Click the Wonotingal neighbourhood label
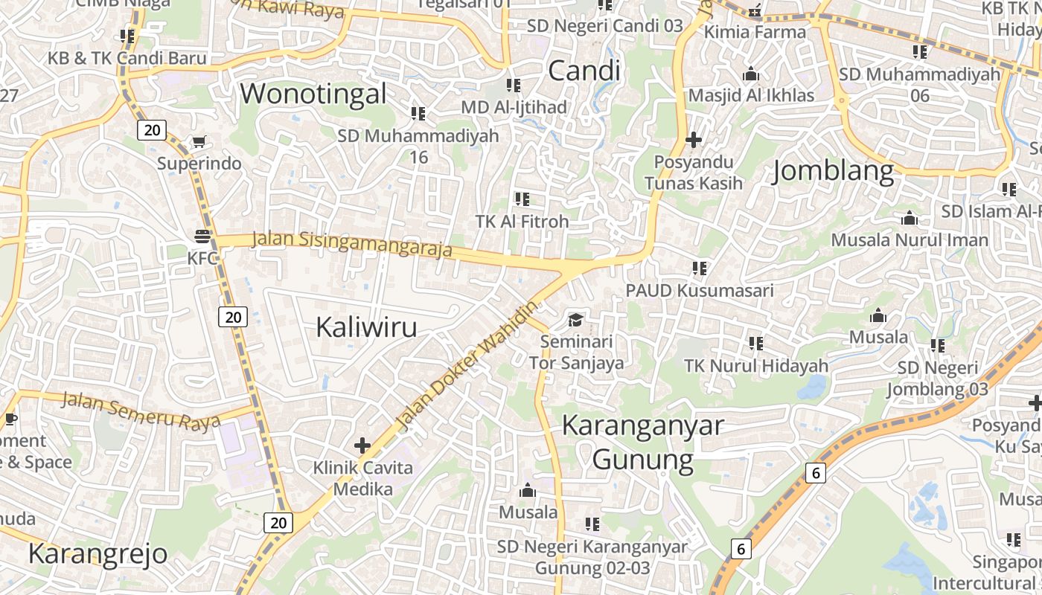(313, 94)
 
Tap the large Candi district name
(584, 71)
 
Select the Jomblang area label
(834, 171)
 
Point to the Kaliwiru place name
(366, 327)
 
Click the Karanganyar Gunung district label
(643, 443)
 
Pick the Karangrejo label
(98, 554)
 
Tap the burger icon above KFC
(202, 237)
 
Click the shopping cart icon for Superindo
(199, 141)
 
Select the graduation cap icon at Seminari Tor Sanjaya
(576, 320)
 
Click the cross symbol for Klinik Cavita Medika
(362, 446)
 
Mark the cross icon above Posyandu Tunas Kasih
(694, 139)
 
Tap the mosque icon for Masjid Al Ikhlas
(751, 74)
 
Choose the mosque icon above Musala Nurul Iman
(910, 219)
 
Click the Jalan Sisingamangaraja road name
(352, 244)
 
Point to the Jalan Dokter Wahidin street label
(467, 367)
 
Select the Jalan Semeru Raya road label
(141, 410)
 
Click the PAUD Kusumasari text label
(700, 290)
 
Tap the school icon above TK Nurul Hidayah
(756, 343)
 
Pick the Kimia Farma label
(755, 32)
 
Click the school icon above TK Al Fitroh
(522, 199)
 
